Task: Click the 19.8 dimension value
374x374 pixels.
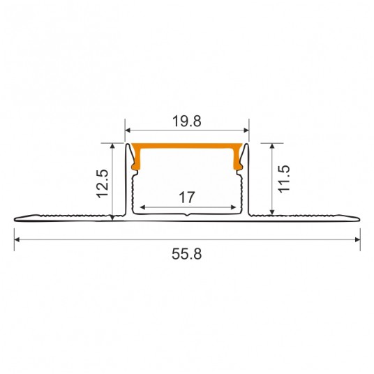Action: pos(187,121)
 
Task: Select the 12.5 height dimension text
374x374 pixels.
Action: pos(103,184)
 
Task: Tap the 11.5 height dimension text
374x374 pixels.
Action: pos(283,179)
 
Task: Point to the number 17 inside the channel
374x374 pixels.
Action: pos(187,197)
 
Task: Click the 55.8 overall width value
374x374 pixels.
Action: pos(187,254)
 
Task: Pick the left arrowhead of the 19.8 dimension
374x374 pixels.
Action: pos(128,130)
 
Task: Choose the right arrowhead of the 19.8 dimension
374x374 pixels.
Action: pos(246,130)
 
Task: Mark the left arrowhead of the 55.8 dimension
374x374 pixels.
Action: pos(17,239)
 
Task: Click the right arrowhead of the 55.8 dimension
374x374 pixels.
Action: pos(357,239)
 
